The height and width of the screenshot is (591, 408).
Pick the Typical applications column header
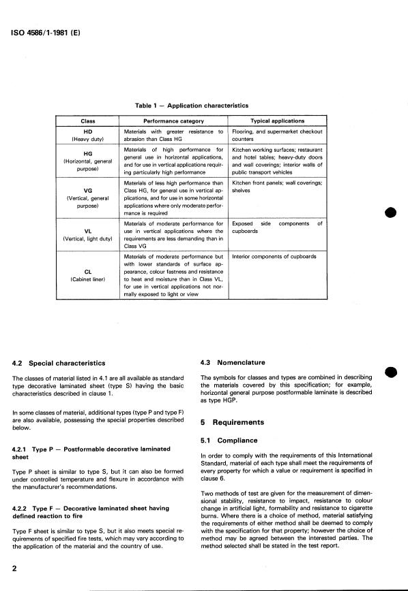point(277,121)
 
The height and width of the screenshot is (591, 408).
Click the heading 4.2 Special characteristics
point(59,362)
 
